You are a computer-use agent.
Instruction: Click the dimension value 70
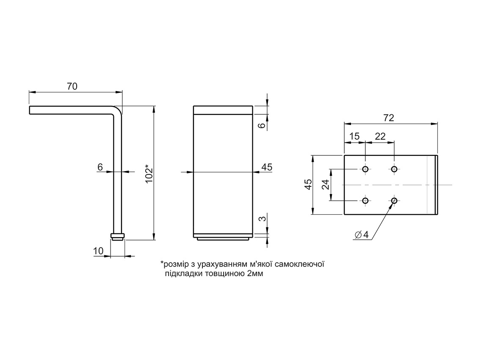coord(72,86)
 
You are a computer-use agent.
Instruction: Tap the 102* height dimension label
coord(149,174)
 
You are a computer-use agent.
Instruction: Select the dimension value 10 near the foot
coord(98,251)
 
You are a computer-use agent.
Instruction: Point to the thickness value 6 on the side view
coord(100,167)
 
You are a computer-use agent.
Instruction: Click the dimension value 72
coord(388,118)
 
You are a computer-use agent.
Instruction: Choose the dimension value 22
coord(380,136)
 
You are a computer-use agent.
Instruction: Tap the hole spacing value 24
coord(325,185)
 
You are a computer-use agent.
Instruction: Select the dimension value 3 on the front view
coord(262,219)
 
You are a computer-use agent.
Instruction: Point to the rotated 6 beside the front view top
coord(262,125)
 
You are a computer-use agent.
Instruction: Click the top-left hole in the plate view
coord(365,169)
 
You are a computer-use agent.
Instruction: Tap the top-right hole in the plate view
coord(394,169)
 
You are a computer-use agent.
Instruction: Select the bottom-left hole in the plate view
coord(365,201)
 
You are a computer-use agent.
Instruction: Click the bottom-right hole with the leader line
coord(394,201)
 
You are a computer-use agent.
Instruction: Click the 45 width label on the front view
coord(266,167)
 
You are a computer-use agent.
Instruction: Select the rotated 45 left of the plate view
coord(308,185)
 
